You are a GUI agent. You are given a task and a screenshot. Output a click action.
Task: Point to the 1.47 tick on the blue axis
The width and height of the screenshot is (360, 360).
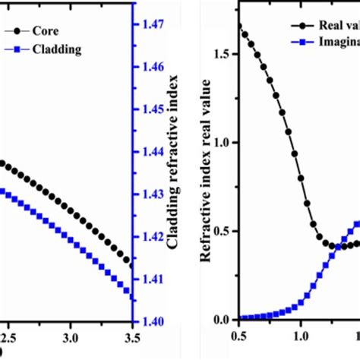tap(152, 24)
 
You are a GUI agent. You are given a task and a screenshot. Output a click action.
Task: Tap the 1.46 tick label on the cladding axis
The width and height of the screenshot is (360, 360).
tap(152, 67)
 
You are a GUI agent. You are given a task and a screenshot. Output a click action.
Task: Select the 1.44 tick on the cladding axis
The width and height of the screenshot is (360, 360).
tap(152, 152)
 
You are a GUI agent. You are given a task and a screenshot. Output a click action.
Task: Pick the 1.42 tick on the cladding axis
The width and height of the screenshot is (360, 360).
tap(152, 237)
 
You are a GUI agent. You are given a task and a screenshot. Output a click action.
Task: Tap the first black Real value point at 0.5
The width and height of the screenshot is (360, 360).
tap(240, 27)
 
